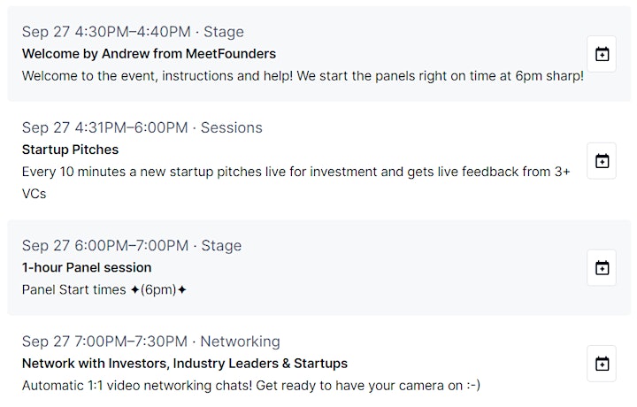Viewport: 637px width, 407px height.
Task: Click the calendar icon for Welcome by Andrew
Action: (x=602, y=54)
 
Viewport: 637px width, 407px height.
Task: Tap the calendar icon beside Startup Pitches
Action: (x=602, y=161)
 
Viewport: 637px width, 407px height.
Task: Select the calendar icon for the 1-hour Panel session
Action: (x=602, y=268)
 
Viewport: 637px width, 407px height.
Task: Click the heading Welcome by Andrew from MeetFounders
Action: (x=149, y=54)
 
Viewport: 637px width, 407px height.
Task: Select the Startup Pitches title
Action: (x=70, y=150)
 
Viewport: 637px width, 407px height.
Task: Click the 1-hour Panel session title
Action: (x=87, y=267)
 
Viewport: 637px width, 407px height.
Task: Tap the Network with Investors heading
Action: (x=185, y=363)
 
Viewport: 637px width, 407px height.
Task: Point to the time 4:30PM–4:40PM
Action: (x=133, y=32)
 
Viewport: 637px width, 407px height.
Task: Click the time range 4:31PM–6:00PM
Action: (x=131, y=127)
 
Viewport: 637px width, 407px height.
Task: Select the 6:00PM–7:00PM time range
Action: (x=132, y=245)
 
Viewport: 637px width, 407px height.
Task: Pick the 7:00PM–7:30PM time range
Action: (x=131, y=342)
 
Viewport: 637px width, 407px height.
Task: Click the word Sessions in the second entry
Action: (x=232, y=127)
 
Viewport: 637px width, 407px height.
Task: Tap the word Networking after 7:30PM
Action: (x=240, y=342)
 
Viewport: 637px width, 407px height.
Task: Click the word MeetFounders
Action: (x=231, y=54)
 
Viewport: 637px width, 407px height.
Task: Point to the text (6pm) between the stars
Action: (x=158, y=290)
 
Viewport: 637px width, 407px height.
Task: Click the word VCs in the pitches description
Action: (x=35, y=194)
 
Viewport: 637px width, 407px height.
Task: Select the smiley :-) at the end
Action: (x=472, y=386)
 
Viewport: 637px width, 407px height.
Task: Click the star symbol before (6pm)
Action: (x=134, y=290)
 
